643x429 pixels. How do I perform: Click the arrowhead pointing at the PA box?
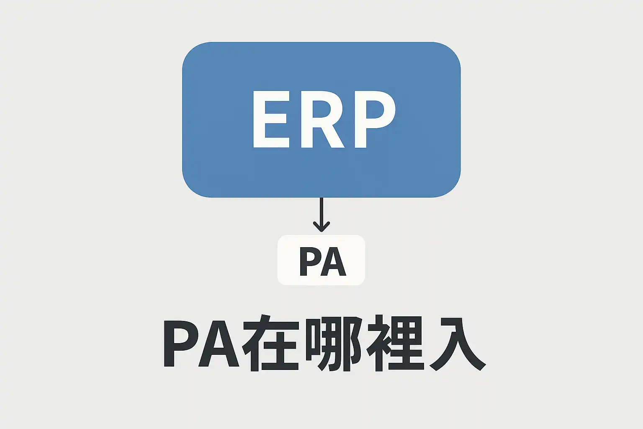tap(321, 227)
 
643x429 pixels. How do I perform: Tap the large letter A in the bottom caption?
tap(219, 344)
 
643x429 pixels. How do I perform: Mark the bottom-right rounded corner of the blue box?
tap(450, 186)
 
